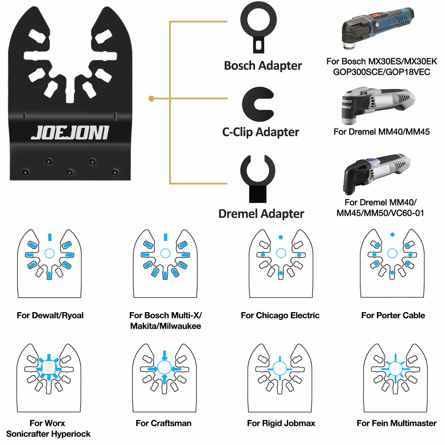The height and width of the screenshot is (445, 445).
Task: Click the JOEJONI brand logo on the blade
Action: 70,133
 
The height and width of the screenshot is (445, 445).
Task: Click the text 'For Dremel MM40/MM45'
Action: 381,132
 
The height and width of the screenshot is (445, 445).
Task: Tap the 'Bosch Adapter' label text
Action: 263,66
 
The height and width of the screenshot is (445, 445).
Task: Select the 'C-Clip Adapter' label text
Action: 261,132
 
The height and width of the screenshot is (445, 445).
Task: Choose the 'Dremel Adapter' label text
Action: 261,214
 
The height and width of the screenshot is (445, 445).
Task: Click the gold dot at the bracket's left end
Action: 151,98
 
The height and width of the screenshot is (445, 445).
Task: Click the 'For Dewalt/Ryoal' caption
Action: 50,315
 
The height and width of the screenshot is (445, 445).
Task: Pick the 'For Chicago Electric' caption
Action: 280,315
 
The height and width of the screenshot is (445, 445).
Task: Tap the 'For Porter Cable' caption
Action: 393,315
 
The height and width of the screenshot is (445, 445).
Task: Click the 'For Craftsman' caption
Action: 163,423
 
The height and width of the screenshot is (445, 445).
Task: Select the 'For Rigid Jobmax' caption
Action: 281,423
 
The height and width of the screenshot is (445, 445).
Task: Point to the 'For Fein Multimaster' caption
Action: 396,423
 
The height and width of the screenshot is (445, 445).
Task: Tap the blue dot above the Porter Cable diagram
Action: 392,235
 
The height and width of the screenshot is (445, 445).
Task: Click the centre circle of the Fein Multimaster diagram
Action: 395,369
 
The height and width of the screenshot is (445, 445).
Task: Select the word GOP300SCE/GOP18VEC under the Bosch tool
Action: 381,72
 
